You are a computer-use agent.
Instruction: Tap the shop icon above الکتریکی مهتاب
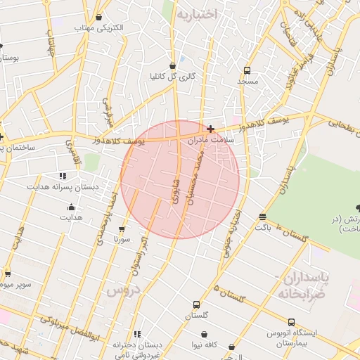pyautogui.click(x=98, y=18)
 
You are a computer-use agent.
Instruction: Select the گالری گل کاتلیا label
pyautogui.click(x=172, y=76)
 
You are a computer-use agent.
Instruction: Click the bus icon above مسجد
pyautogui.click(x=247, y=70)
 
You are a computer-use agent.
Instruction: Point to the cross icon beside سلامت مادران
pyautogui.click(x=210, y=129)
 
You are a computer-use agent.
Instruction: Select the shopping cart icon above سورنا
pyautogui.click(x=122, y=229)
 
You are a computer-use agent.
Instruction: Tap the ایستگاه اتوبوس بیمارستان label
pyautogui.click(x=292, y=337)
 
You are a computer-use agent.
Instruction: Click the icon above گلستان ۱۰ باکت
pyautogui.click(x=262, y=217)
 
